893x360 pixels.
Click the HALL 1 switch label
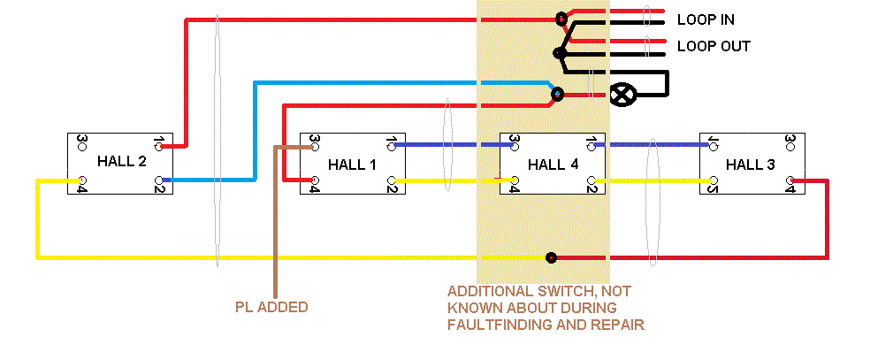352,164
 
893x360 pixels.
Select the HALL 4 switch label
552,164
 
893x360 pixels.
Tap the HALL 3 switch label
751,164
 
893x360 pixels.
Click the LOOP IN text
706,19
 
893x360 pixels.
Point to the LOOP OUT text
713,46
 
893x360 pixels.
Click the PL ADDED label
271,307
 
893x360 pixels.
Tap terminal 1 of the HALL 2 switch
159,142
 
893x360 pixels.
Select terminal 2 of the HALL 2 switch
159,181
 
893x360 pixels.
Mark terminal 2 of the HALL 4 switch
591,183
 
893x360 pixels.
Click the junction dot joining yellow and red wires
552,258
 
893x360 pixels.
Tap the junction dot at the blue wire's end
557,93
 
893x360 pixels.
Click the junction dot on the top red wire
561,19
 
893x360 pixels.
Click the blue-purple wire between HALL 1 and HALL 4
446,144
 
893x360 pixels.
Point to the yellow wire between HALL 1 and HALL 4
446,180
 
